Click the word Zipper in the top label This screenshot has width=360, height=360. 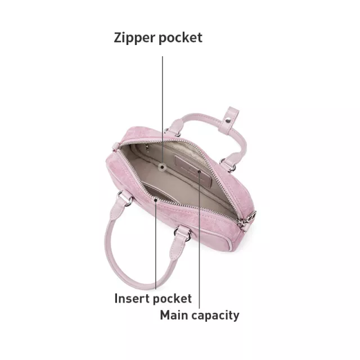[134, 38]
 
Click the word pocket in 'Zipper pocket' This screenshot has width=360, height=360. [181, 38]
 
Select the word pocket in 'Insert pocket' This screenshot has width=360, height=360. [172, 299]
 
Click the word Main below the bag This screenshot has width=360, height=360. [174, 315]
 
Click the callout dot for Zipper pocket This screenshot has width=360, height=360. [163, 167]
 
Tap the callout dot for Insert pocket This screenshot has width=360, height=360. [156, 200]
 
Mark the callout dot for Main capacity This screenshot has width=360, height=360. [199, 172]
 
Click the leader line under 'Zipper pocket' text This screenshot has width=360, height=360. [163, 110]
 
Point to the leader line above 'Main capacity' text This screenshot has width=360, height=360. [199, 240]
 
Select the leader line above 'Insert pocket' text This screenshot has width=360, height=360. [156, 245]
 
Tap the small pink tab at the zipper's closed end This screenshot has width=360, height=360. [115, 147]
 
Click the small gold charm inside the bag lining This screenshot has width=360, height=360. [147, 148]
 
